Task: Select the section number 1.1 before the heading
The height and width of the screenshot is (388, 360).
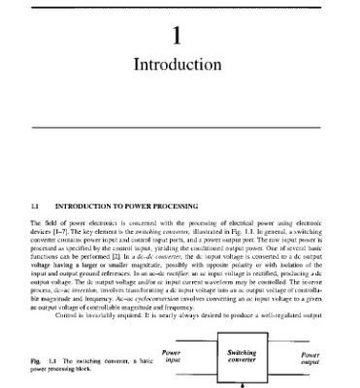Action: [x=35, y=206]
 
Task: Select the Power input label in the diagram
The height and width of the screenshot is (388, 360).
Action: [x=172, y=357]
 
